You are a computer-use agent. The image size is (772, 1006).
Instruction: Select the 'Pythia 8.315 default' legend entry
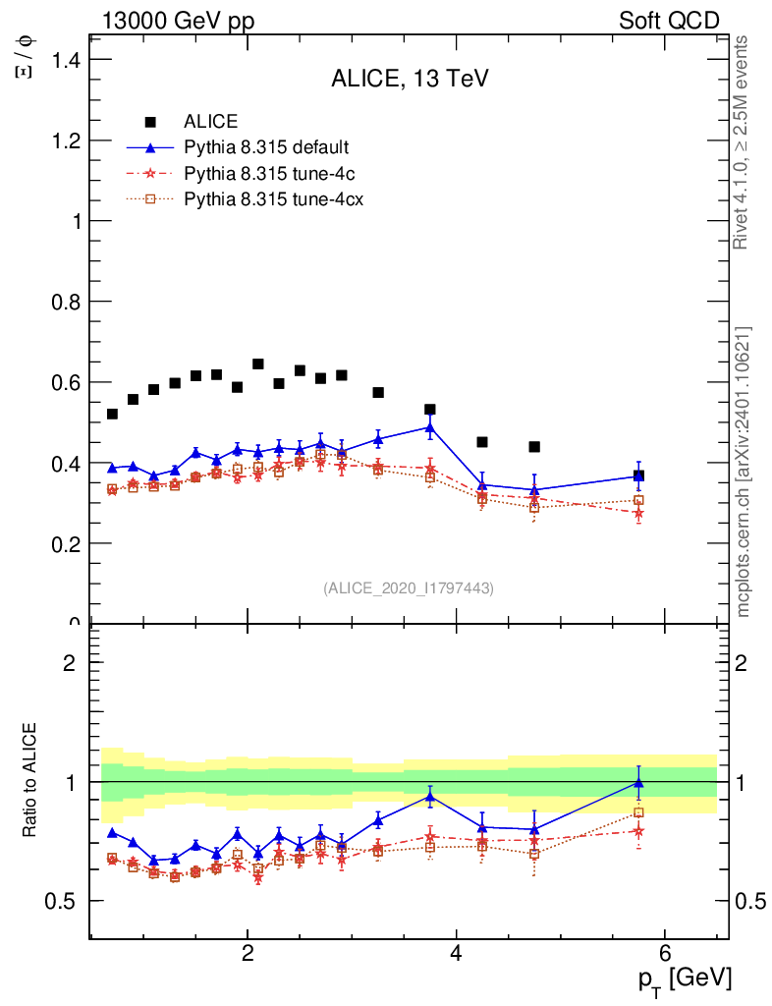click(x=266, y=147)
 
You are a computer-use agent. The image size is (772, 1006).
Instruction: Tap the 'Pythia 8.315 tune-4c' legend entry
click(x=267, y=173)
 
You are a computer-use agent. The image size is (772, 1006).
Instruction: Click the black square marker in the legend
click(x=150, y=122)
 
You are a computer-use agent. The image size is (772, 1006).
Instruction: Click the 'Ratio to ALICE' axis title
click(x=30, y=781)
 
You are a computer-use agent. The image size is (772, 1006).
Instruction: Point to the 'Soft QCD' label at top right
click(x=669, y=21)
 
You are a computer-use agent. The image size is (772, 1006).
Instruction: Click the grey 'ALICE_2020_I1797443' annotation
click(x=409, y=587)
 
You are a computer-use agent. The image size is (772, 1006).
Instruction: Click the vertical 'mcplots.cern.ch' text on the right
click(x=744, y=472)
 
